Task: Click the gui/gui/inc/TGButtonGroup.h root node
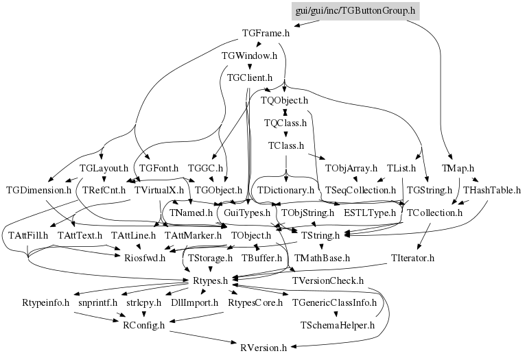pyautogui.click(x=355, y=11)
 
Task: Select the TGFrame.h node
pyautogui.click(x=266, y=33)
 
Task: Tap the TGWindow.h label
pyautogui.click(x=249, y=56)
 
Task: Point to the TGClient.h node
pyautogui.click(x=250, y=78)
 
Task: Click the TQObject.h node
pyautogui.click(x=284, y=100)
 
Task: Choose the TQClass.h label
pyautogui.click(x=285, y=123)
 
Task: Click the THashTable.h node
pyautogui.click(x=492, y=191)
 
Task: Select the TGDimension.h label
pyautogui.click(x=39, y=191)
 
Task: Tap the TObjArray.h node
pyautogui.click(x=351, y=168)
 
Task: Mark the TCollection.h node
pyautogui.click(x=434, y=213)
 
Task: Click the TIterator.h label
pyautogui.click(x=412, y=258)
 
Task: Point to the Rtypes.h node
pyautogui.click(x=211, y=280)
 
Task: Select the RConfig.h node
pyautogui.click(x=144, y=325)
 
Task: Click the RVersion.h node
pyautogui.click(x=263, y=348)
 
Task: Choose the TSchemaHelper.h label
pyautogui.click(x=337, y=325)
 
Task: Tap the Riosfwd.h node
pyautogui.click(x=145, y=258)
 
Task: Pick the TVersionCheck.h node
pyautogui.click(x=328, y=280)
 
